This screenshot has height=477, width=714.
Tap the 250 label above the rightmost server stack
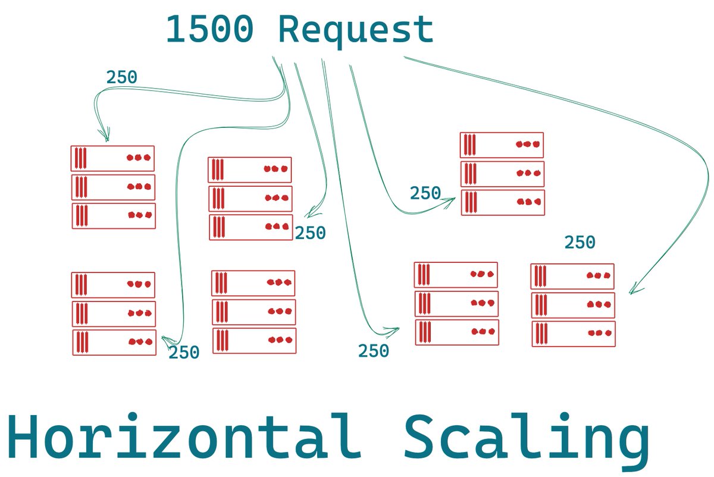coord(580,243)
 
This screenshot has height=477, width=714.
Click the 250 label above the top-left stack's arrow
coord(121,77)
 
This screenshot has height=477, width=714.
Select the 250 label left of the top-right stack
coord(425,193)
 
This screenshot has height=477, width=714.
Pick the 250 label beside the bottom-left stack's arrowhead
coord(184,353)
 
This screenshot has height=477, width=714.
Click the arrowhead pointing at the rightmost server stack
coord(633,291)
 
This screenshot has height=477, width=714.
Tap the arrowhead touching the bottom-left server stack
coord(165,340)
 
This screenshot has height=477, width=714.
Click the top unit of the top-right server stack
coord(502,145)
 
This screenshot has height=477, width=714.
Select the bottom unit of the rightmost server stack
coord(573,334)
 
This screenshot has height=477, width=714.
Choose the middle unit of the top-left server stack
coord(112,187)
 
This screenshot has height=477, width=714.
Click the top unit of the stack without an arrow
coord(253,283)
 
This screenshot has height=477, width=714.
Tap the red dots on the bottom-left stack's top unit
coord(139,284)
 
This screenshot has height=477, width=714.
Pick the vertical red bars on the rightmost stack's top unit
coord(541,276)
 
